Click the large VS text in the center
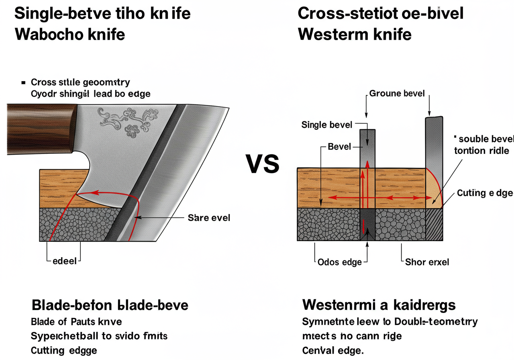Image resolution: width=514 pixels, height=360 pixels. point(262,165)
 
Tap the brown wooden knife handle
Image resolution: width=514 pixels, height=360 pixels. point(40,129)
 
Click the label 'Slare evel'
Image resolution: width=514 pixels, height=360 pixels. point(209,218)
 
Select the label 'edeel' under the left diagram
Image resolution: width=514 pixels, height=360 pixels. point(64,261)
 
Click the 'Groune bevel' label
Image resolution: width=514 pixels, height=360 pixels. point(397,94)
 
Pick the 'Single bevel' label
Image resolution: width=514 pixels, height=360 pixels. point(326,125)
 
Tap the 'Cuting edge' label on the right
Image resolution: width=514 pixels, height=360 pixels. point(485,193)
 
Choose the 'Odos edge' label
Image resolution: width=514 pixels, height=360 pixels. point(340,262)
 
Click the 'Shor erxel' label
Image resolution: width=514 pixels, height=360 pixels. point(427,262)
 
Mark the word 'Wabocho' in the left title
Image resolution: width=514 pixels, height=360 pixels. point(48,34)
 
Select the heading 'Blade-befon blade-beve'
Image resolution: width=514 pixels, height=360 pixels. point(110,305)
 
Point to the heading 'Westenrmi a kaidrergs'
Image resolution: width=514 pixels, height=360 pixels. point(379,305)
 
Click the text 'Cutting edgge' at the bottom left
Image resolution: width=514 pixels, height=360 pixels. point(64,350)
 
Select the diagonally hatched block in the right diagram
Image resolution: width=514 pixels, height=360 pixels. point(434,224)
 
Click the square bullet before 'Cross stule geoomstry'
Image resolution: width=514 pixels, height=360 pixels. point(23,82)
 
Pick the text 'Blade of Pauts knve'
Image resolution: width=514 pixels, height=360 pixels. point(76,322)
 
